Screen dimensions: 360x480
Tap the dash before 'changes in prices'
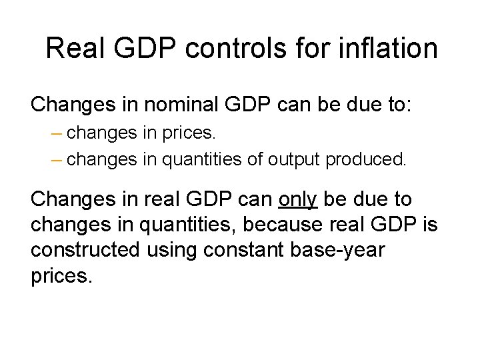pos(56,133)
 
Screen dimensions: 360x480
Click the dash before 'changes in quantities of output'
pos(56,160)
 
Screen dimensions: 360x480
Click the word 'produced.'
pos(365,160)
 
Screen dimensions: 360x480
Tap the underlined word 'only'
pos(297,199)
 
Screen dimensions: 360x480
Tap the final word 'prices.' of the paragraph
pos(61,276)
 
